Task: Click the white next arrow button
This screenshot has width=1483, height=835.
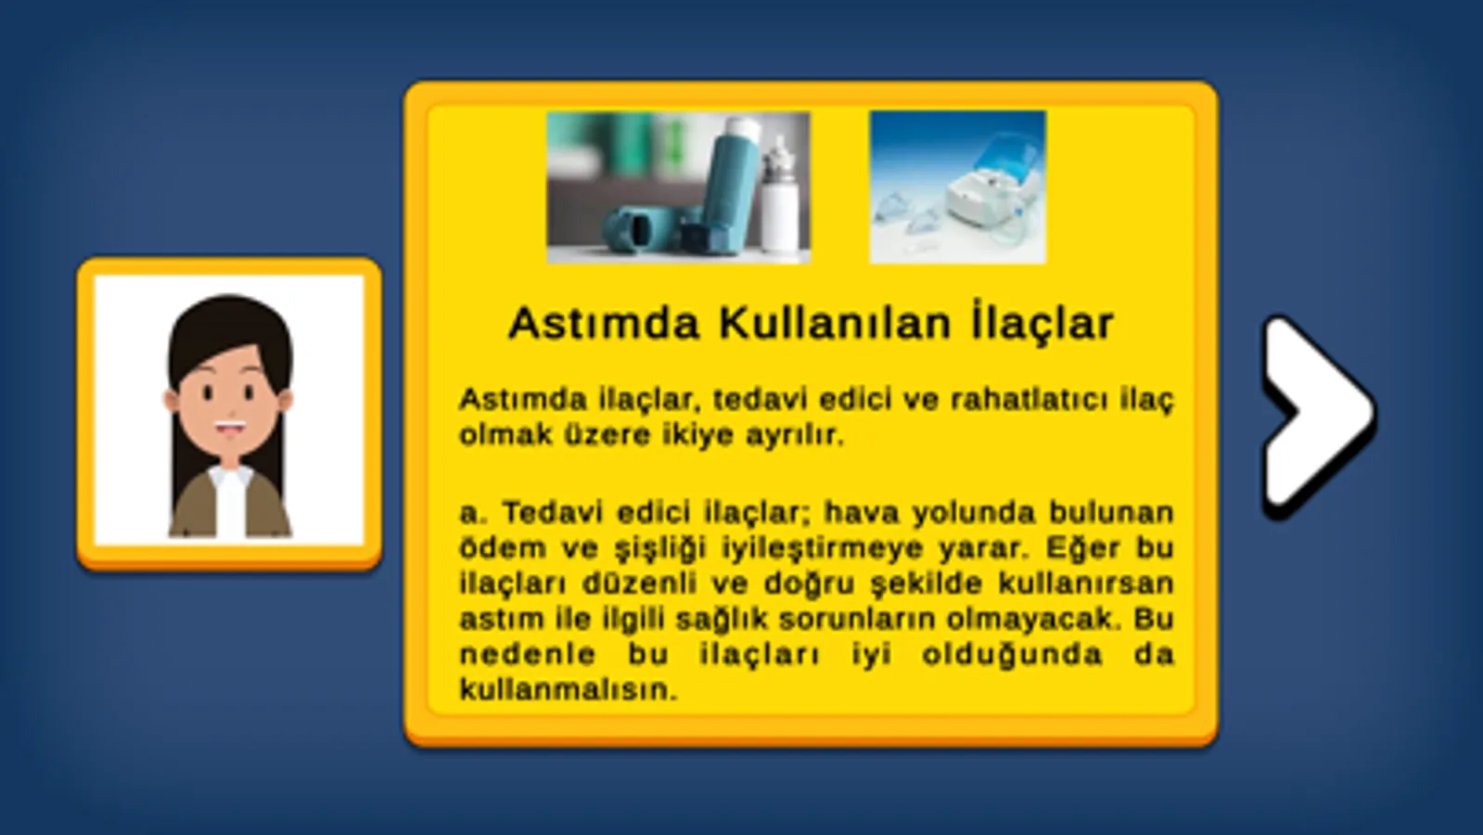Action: [x=1318, y=416]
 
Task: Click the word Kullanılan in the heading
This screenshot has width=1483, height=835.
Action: [x=837, y=324]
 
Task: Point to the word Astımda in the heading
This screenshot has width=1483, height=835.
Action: [x=604, y=324]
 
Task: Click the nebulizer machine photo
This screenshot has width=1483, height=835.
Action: [x=957, y=187]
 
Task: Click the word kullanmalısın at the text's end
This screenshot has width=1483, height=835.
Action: [x=569, y=690]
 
